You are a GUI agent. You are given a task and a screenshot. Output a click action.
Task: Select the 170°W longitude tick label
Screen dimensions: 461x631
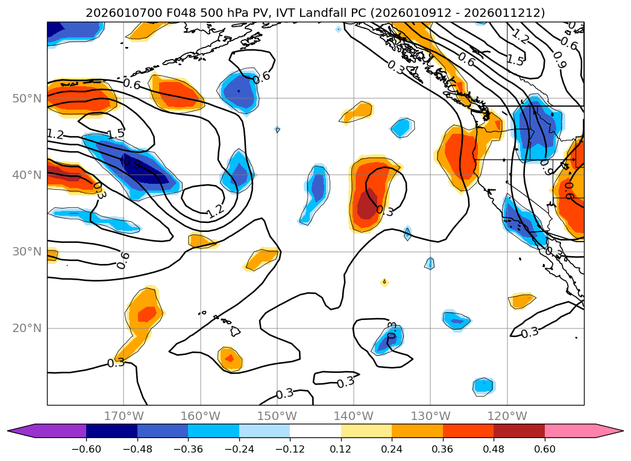tap(124, 416)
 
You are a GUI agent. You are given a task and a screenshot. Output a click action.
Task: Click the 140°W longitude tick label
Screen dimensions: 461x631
tap(354, 416)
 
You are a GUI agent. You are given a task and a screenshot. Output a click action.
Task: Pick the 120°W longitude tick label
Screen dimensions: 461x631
tap(507, 416)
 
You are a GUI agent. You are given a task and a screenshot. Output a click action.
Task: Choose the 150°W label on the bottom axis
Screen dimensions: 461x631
tap(277, 416)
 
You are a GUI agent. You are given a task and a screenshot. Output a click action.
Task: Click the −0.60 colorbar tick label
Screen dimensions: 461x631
tap(86, 449)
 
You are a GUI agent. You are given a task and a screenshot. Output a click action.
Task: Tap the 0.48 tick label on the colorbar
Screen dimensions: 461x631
tap(494, 449)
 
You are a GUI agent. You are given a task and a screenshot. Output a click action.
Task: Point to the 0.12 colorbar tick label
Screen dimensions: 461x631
tap(341, 449)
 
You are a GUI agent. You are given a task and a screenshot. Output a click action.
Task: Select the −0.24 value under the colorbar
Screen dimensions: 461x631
tap(239, 449)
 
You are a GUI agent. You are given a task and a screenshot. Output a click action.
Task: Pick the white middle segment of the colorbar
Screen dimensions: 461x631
tap(315, 430)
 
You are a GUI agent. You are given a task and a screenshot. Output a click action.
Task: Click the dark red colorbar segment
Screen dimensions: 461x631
tap(519, 430)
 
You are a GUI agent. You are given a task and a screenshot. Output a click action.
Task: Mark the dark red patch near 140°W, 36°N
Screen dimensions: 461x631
tap(367, 205)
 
